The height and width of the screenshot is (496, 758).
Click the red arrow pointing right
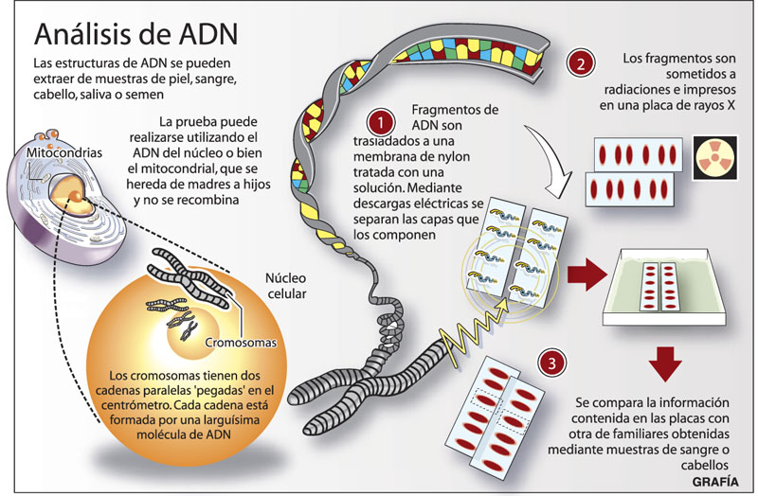(586, 275)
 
